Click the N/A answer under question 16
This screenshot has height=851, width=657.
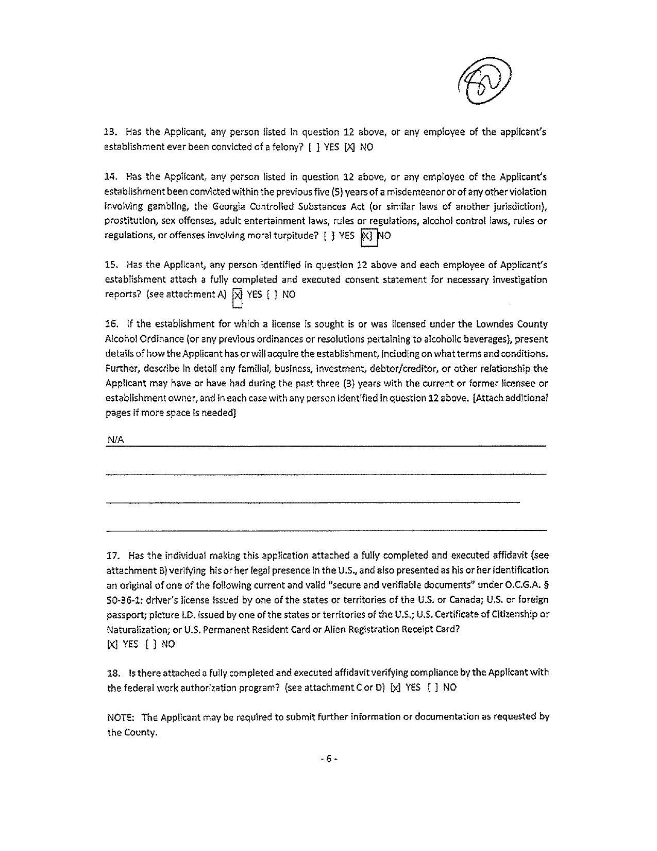115,439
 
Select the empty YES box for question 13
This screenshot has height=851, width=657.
314,147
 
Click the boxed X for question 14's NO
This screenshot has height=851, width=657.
366,236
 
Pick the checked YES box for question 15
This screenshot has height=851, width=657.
237,295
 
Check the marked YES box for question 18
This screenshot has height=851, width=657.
396,688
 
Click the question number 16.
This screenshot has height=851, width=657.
112,324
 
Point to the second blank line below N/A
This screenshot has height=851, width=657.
312,501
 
